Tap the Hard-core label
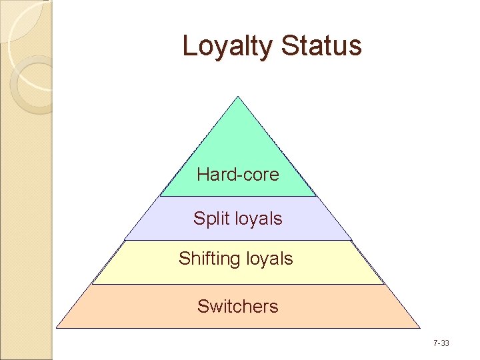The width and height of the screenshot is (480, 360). tap(238, 175)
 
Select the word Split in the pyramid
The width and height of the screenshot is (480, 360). tap(208, 219)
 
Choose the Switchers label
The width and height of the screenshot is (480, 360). tap(238, 307)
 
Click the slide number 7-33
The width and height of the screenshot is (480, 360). tap(441, 343)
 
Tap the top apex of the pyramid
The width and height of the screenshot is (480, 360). tap(238, 97)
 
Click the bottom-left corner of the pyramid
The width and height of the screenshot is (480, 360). tap(57, 327)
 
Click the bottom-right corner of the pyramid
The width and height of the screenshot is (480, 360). tap(420, 327)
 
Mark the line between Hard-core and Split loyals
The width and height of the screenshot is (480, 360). tap(238, 196)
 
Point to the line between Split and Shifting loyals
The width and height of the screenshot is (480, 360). tap(238, 240)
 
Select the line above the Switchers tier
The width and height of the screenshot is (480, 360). tap(238, 284)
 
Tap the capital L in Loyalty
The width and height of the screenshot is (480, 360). tap(189, 45)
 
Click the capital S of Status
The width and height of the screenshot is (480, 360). tap(291, 45)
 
